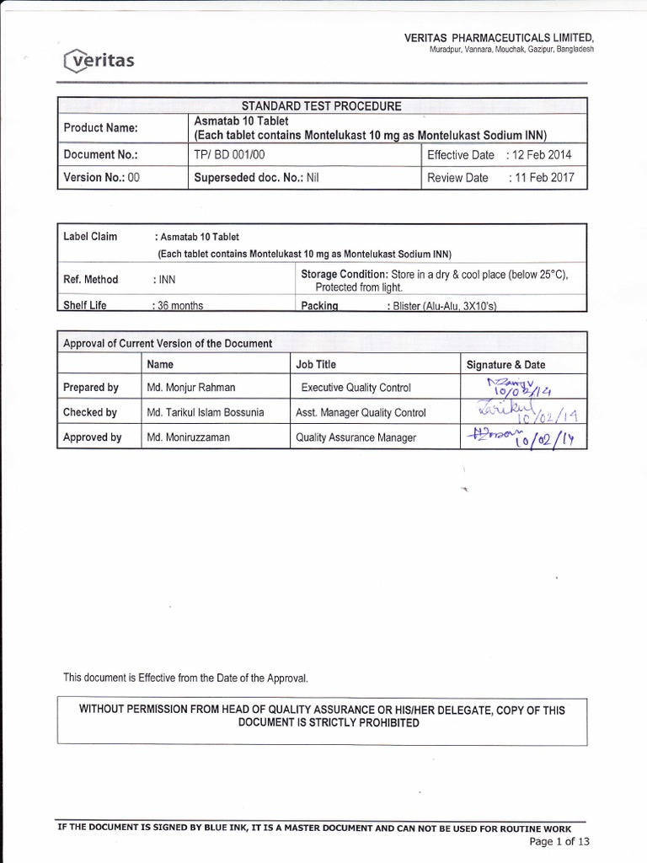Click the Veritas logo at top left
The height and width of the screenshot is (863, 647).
tap(98, 60)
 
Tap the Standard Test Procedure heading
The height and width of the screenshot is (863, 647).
tap(322, 106)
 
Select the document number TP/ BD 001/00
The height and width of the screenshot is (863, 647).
tap(229, 155)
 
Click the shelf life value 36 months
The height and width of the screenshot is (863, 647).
tap(179, 306)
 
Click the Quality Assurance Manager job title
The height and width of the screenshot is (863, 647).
tap(355, 437)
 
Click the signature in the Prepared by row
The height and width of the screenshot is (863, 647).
tap(516, 388)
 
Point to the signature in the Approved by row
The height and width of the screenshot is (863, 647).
tap(516, 437)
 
